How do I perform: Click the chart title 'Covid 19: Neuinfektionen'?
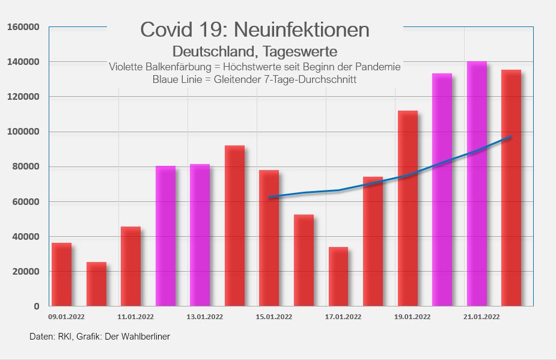[254, 29]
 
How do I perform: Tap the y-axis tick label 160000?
[23, 27]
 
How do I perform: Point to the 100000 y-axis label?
[23, 132]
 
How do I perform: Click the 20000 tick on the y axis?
[26, 272]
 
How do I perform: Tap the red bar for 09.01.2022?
[62, 275]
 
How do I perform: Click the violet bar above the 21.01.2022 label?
[477, 184]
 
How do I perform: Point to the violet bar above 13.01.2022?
[200, 235]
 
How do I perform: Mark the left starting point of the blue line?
[269, 197]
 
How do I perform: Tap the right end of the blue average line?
[511, 137]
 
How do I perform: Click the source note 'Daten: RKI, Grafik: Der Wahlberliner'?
[100, 337]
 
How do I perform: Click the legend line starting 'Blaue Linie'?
[254, 80]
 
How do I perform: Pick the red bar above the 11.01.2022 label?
[131, 266]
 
